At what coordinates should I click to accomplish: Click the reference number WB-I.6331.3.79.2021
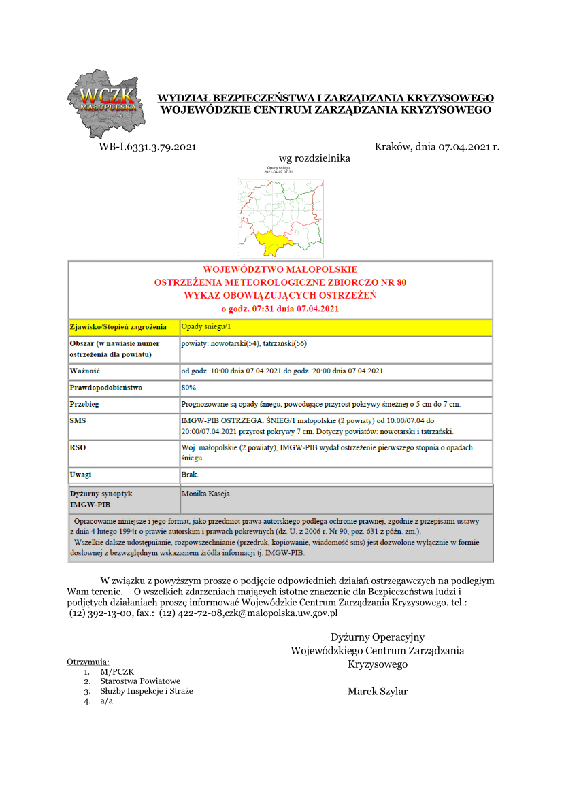[148, 146]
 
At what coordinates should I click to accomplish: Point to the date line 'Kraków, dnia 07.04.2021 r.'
[437, 146]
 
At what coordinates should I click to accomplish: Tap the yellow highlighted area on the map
[271, 242]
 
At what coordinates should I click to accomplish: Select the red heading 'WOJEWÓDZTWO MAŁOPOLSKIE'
[280, 269]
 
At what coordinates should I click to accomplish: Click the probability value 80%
[188, 388]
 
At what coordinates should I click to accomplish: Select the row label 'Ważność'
[85, 371]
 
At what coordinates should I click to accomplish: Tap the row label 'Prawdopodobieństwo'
[106, 388]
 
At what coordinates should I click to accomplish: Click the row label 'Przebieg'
[84, 405]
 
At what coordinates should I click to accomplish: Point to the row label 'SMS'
[78, 421]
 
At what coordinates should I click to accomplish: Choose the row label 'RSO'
[78, 447]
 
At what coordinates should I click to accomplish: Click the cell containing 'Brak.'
[190, 474]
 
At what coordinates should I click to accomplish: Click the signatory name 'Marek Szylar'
[378, 692]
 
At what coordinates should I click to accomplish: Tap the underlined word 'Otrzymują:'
[88, 662]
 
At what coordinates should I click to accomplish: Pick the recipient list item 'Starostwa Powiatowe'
[140, 681]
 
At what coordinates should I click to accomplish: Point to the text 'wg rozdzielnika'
[315, 158]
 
